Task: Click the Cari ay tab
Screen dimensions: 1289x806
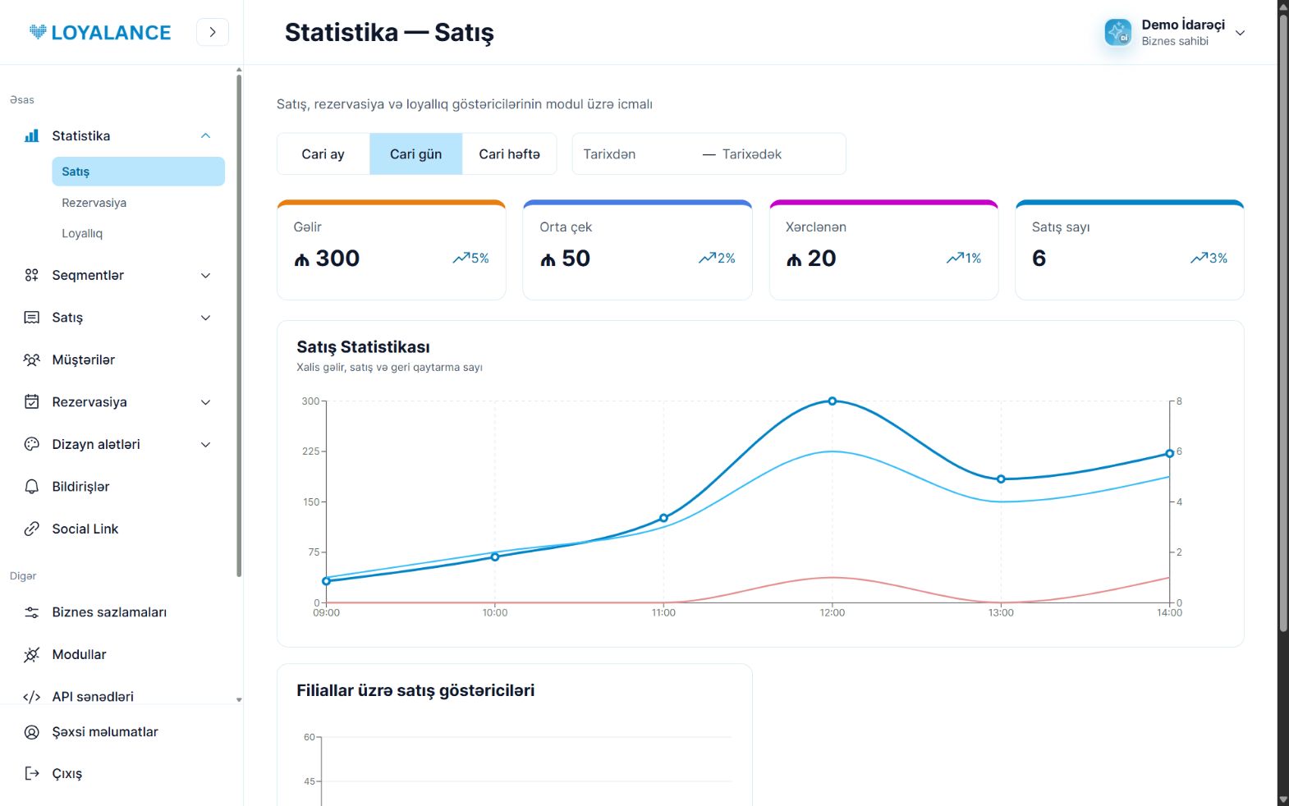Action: coord(323,154)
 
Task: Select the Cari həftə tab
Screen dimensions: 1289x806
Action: coord(509,154)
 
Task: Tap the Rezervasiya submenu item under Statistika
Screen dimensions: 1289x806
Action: coord(94,203)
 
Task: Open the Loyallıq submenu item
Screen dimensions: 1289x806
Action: coord(82,233)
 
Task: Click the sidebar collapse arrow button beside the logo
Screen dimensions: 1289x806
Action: coord(213,32)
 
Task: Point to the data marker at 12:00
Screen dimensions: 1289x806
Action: coord(832,401)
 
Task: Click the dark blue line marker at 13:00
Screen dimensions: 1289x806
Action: coord(1001,479)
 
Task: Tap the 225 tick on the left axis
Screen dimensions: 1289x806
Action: coord(310,451)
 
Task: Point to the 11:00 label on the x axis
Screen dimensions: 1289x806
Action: coord(663,612)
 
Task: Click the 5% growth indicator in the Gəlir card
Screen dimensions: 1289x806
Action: coord(470,258)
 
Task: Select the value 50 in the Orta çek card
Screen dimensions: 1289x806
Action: coord(576,258)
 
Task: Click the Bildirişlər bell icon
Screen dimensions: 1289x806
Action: coord(32,487)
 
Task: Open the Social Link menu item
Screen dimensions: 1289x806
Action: coord(85,529)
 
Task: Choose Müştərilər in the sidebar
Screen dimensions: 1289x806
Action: coord(83,359)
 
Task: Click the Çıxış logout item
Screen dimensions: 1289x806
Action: coord(67,773)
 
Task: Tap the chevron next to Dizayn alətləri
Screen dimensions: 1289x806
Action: coord(205,444)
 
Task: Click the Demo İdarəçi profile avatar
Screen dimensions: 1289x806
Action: coord(1117,32)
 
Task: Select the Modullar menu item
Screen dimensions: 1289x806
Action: coord(79,654)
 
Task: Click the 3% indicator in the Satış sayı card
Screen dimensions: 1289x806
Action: coord(1209,258)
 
